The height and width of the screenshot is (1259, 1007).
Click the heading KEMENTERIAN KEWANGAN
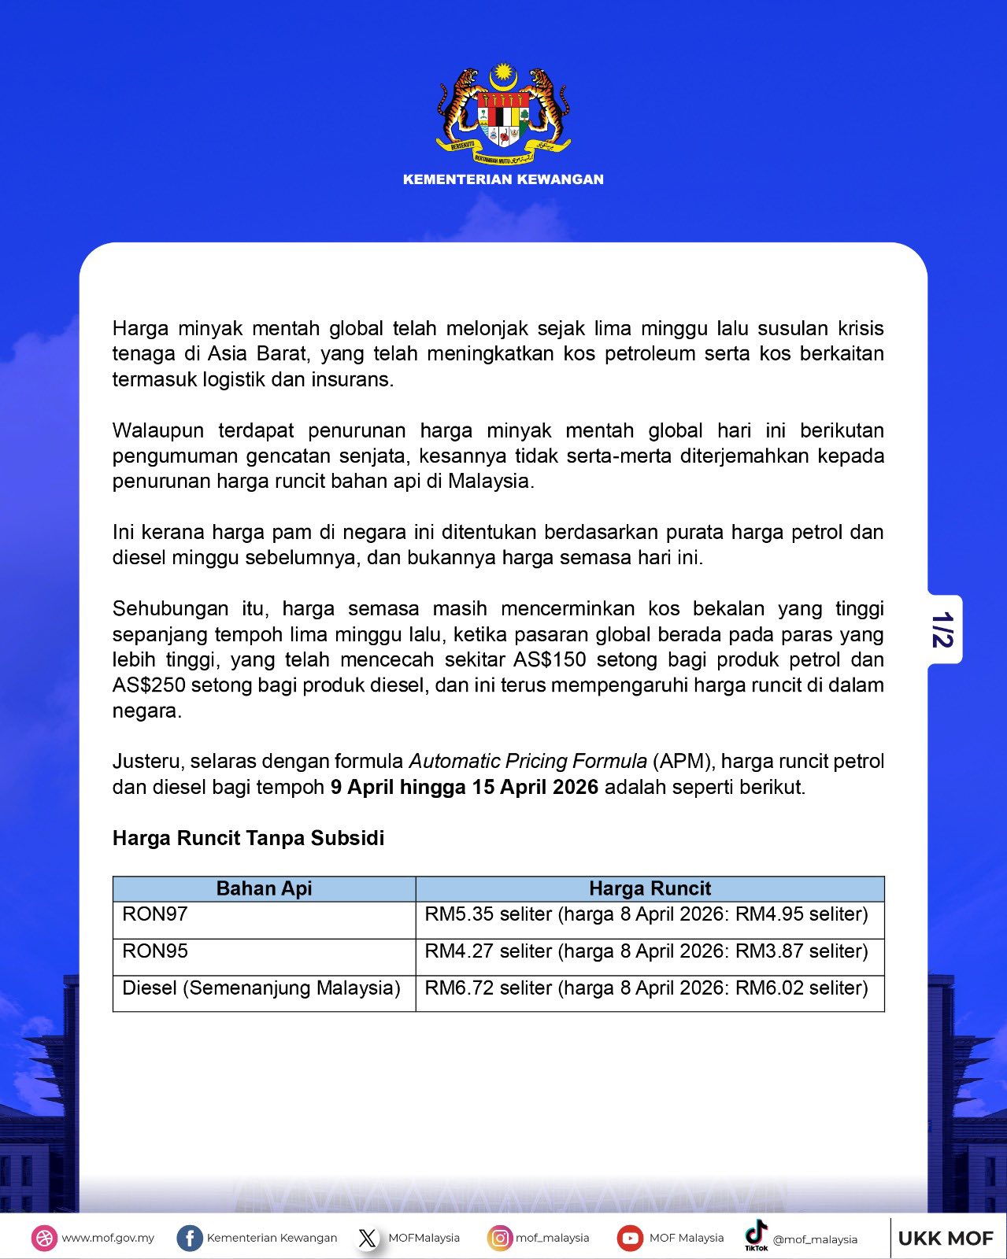point(503,179)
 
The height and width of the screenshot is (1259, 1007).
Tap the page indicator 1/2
point(942,629)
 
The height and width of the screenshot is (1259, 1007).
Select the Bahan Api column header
point(264,888)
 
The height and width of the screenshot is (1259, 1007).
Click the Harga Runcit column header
point(650,888)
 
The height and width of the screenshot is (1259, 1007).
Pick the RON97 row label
point(155,914)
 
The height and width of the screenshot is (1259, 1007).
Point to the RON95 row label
point(155,951)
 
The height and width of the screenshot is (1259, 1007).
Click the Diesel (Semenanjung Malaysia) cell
point(261,988)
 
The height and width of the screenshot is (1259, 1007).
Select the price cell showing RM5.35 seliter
point(646,914)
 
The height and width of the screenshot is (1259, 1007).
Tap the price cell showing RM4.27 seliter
point(646,951)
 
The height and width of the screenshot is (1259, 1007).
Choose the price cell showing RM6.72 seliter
point(646,988)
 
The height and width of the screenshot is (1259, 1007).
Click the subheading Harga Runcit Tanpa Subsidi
point(248,838)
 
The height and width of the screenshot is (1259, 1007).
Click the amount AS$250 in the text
point(148,685)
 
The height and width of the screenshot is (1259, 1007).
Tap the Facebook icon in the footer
point(189,1238)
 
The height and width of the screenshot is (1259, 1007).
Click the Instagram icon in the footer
point(499,1238)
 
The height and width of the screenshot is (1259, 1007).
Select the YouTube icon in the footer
point(629,1238)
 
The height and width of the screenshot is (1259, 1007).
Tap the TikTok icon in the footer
point(757,1234)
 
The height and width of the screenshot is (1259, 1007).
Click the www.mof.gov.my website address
point(108,1238)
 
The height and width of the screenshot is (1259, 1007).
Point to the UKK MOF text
point(945,1239)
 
